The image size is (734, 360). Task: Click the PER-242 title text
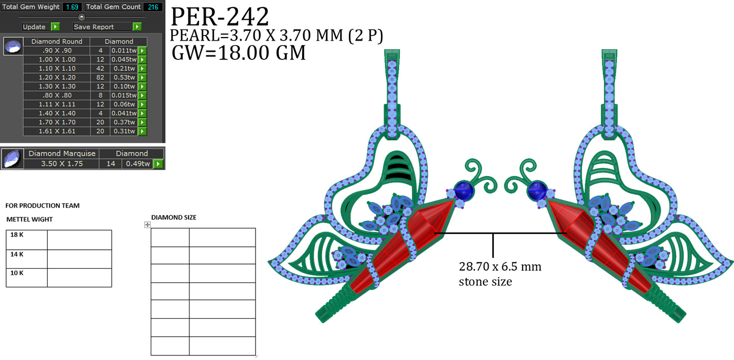click(219, 17)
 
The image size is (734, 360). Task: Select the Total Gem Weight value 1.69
click(72, 7)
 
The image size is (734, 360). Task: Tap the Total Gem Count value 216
click(152, 7)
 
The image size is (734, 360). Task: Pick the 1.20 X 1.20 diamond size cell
click(56, 78)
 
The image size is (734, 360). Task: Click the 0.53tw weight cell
click(124, 78)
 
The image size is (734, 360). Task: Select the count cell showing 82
click(100, 78)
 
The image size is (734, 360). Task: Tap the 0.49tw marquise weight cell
click(138, 163)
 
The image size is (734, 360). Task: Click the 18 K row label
click(17, 235)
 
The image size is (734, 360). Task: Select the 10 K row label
click(17, 273)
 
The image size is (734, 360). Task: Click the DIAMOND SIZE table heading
click(174, 217)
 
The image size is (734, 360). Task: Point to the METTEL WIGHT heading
click(29, 219)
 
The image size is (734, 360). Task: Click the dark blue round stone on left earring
click(463, 190)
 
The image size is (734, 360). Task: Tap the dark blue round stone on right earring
click(537, 191)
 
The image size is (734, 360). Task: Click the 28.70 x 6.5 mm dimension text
click(500, 267)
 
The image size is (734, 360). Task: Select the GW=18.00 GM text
click(239, 52)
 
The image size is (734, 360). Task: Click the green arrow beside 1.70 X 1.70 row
click(143, 122)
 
